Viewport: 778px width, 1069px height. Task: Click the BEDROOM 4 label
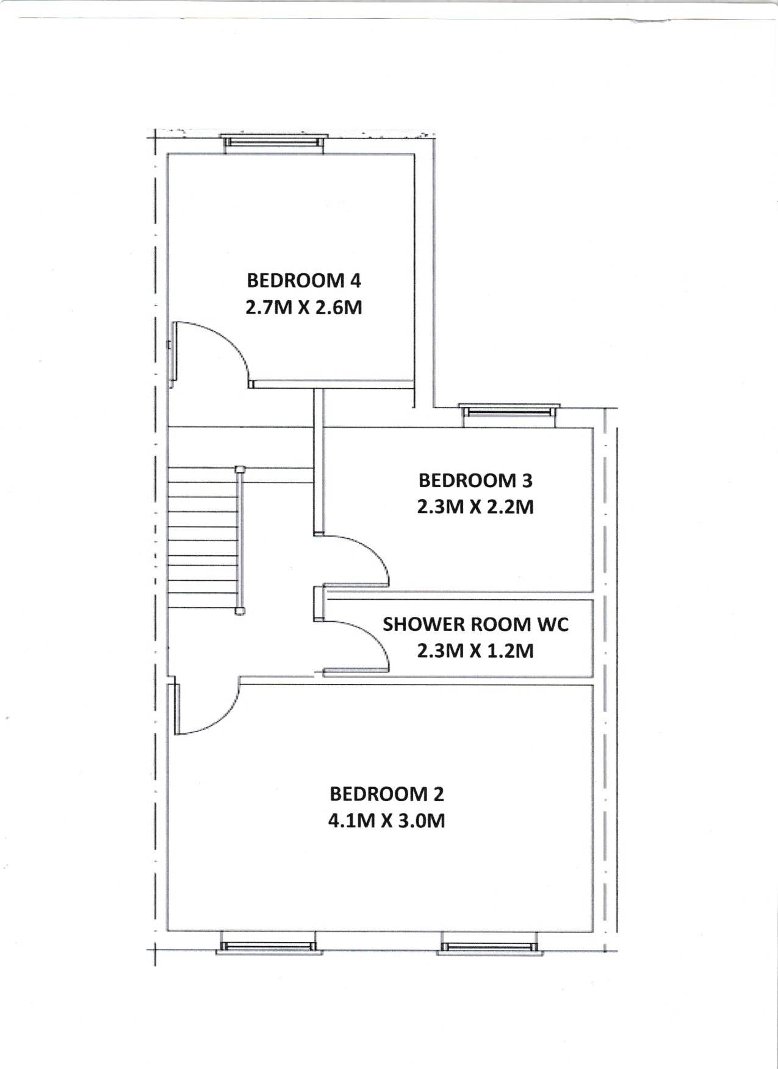click(x=304, y=281)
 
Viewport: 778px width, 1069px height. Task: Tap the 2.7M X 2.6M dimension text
click(x=304, y=307)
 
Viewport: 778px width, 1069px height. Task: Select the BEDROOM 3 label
click(x=475, y=481)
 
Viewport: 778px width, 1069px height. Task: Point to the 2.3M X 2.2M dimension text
click(x=475, y=507)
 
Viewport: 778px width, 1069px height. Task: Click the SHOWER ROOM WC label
click(x=475, y=624)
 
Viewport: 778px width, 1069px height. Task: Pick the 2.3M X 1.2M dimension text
click(x=475, y=650)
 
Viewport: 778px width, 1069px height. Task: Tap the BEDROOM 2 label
click(x=387, y=794)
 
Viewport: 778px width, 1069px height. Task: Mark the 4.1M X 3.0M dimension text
click(x=387, y=821)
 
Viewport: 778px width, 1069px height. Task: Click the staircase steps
click(x=202, y=537)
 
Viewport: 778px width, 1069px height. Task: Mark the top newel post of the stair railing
click(x=240, y=469)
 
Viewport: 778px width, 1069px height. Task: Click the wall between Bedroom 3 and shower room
click(x=459, y=596)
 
